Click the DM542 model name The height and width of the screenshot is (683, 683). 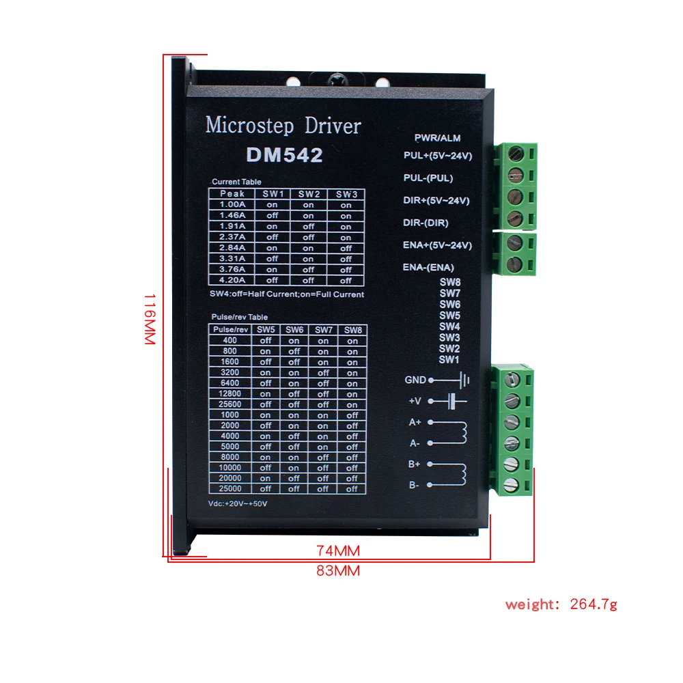point(284,156)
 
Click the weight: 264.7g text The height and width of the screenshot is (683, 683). point(561,604)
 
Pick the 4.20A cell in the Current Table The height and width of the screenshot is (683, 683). point(233,280)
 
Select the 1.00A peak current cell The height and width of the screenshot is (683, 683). point(233,205)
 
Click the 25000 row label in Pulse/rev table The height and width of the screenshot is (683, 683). point(230,489)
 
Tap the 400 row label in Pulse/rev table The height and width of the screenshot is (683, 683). point(230,341)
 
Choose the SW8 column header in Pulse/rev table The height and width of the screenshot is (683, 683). point(352,330)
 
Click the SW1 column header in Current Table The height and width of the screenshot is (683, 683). point(272,194)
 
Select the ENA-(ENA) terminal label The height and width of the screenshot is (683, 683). point(428,267)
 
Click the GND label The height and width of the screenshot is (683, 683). point(415,380)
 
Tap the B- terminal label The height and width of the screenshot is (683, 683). point(415,485)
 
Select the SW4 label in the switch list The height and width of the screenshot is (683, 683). point(449,326)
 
